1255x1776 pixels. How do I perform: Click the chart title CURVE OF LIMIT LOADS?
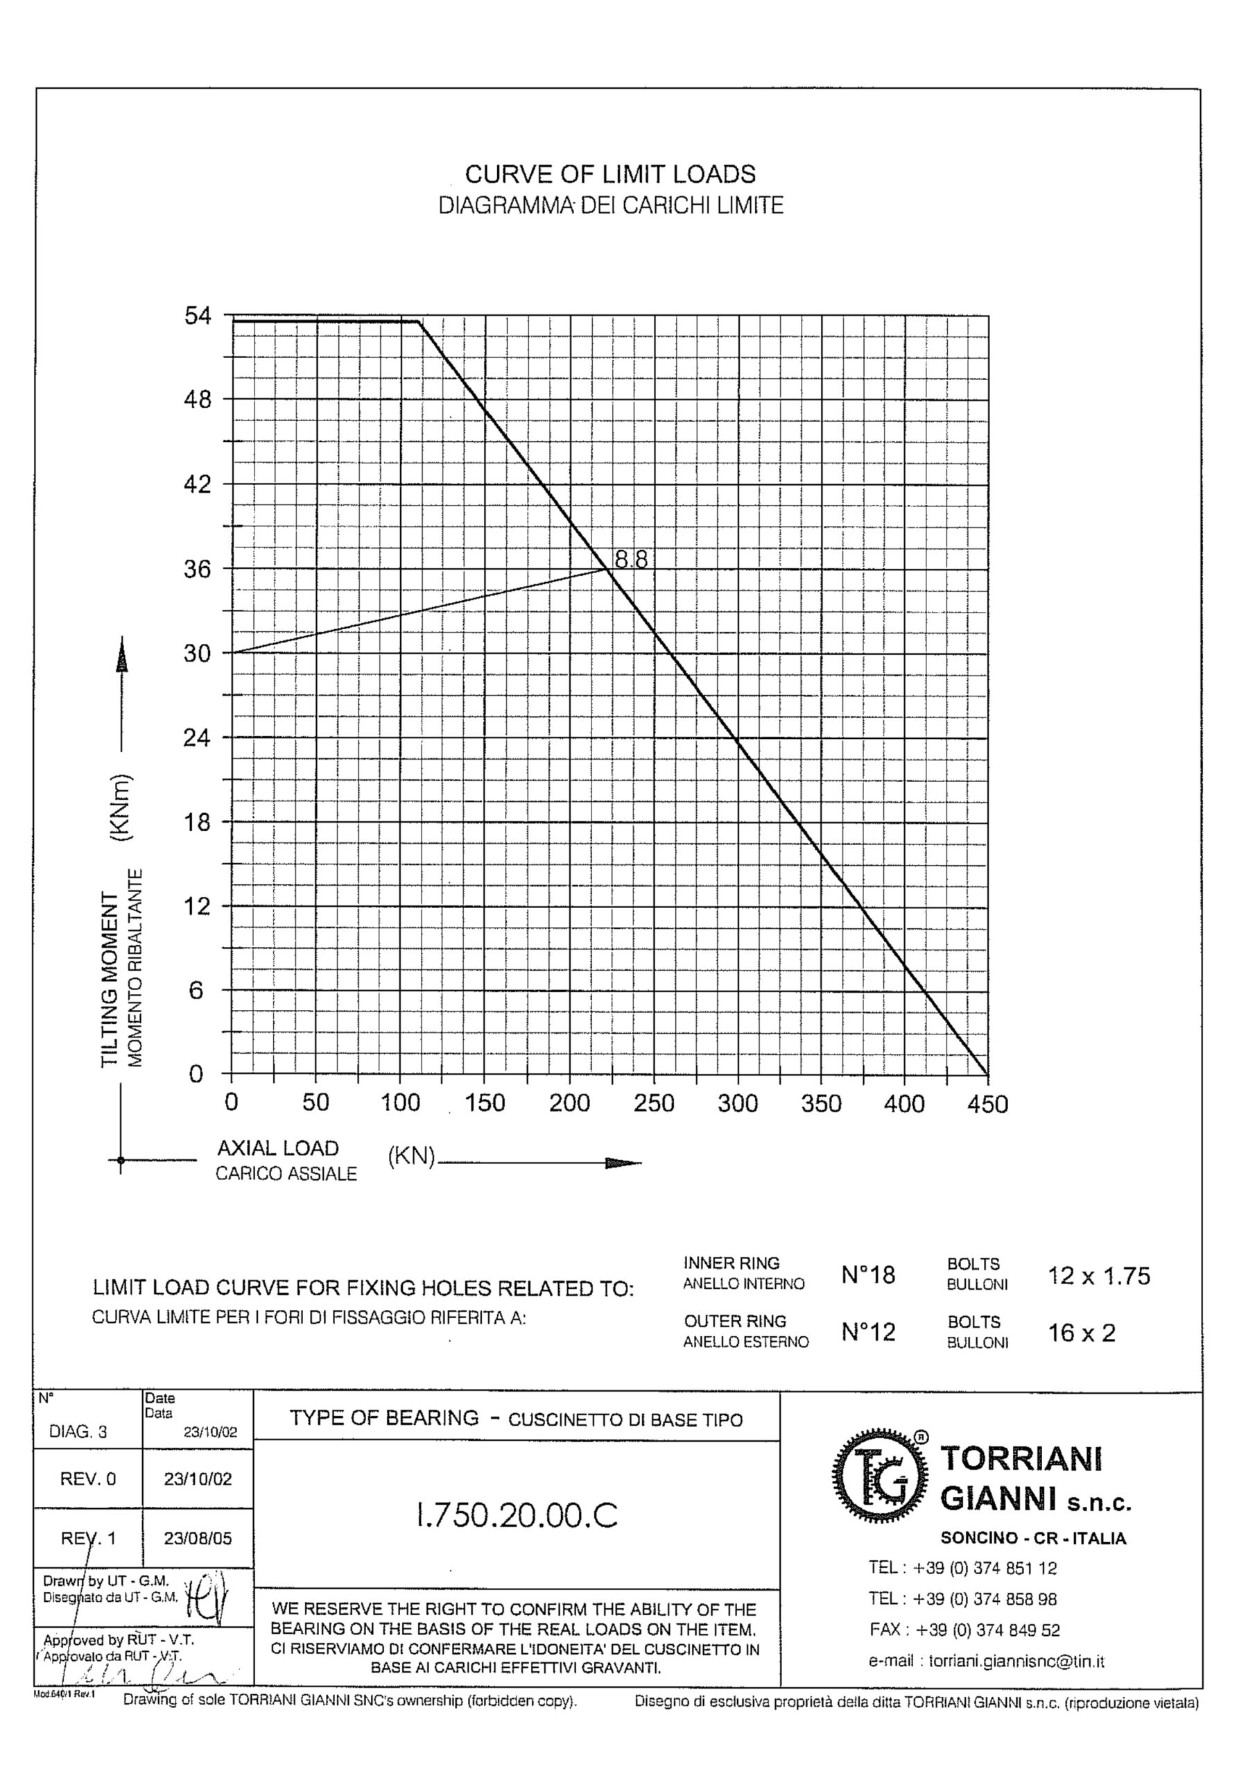[x=610, y=175]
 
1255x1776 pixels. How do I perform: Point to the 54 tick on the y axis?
[x=197, y=316]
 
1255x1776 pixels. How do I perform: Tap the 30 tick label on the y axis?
[x=197, y=654]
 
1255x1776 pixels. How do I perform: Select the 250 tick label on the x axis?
[x=654, y=1103]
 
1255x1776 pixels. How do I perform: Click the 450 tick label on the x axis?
[x=987, y=1104]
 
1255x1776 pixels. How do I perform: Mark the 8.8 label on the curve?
[x=631, y=558]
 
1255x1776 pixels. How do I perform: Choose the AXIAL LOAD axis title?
[x=277, y=1148]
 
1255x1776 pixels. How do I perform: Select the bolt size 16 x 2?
[x=1081, y=1333]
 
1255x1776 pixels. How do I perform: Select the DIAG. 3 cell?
[x=78, y=1432]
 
